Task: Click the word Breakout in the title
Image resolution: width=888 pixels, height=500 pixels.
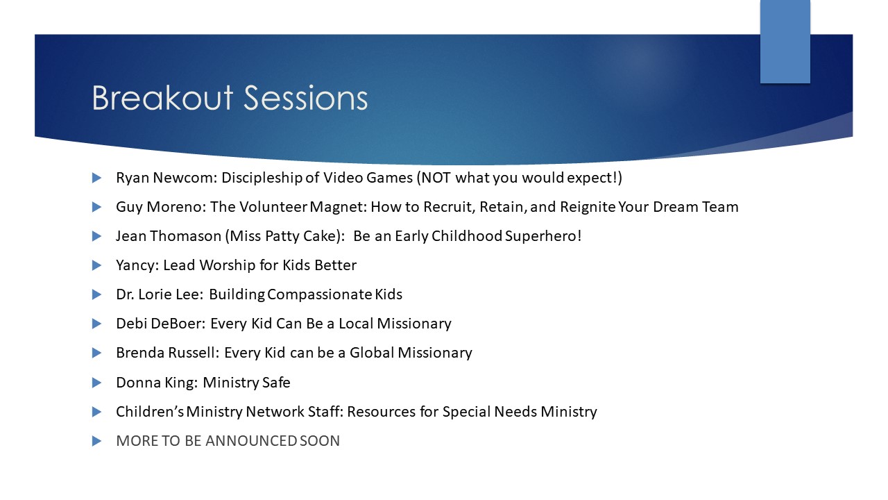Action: click(x=162, y=98)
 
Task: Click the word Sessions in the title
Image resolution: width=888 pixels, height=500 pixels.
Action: click(x=306, y=98)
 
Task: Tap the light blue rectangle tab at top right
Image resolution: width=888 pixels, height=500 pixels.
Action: click(x=785, y=42)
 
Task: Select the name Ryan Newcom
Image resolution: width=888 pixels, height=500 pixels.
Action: click(x=166, y=178)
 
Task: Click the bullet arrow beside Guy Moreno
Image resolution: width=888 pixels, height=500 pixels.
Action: click(x=96, y=207)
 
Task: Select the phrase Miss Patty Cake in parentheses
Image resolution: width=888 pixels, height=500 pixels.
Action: click(x=284, y=236)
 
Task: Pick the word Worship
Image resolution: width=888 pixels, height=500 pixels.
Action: click(x=227, y=265)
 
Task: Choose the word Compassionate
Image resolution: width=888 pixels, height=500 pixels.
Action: click(x=320, y=294)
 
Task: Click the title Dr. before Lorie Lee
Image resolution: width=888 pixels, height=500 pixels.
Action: click(x=124, y=294)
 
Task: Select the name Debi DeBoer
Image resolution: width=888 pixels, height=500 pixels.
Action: click(x=160, y=324)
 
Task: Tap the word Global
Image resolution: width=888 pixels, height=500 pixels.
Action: click(x=371, y=353)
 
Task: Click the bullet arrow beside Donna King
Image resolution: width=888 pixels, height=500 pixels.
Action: click(x=96, y=383)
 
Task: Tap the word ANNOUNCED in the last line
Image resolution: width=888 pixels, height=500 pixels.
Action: click(x=251, y=441)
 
